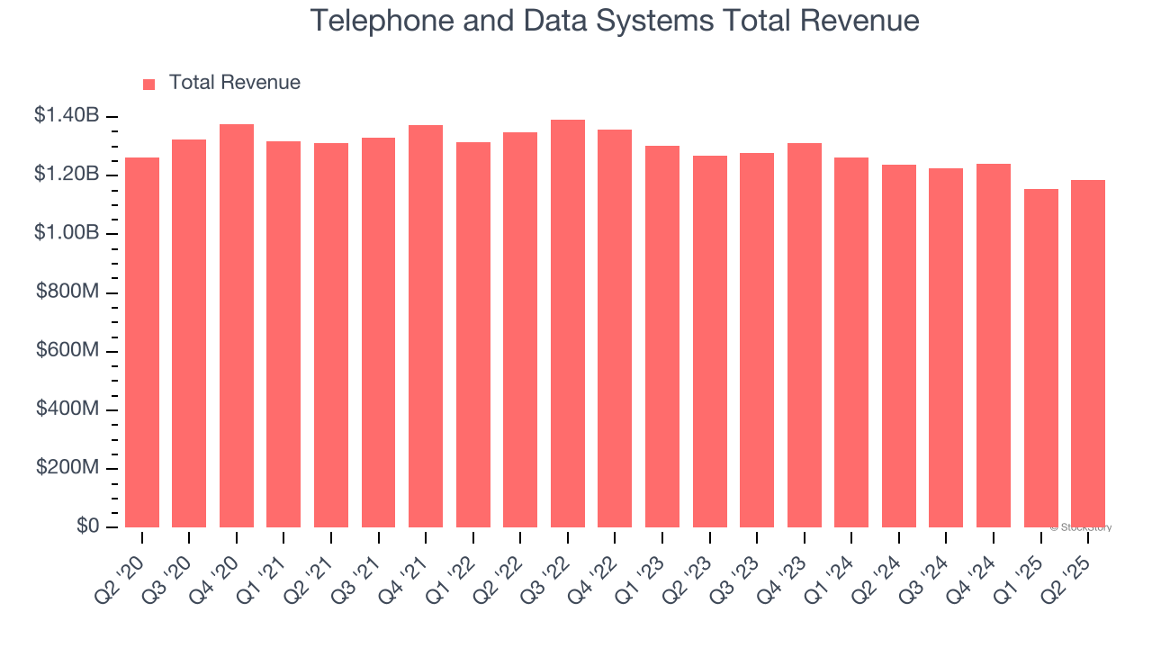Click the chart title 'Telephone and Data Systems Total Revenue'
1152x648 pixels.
click(615, 21)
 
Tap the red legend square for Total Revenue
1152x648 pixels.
click(149, 84)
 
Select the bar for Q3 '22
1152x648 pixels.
click(567, 324)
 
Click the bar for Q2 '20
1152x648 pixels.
click(142, 342)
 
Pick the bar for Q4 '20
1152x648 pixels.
click(237, 326)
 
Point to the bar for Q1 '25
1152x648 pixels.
click(1041, 358)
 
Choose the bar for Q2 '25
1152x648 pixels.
click(1088, 354)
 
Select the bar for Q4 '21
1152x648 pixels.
click(426, 326)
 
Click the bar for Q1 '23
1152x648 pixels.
click(662, 337)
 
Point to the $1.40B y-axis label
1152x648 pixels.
click(67, 115)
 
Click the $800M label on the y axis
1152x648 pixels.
click(67, 292)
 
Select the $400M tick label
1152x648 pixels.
click(67, 409)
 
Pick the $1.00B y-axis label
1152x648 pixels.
click(67, 233)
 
